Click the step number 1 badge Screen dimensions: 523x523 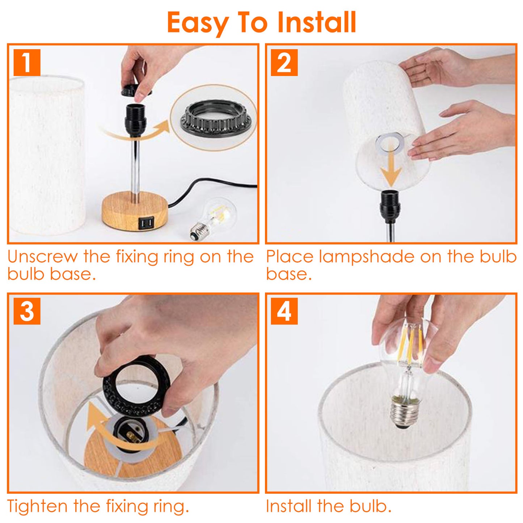click(27, 63)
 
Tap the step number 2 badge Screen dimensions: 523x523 click(284, 63)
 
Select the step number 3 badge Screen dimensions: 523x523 click(27, 311)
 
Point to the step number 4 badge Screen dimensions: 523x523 click(284, 311)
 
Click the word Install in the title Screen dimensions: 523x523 click(317, 22)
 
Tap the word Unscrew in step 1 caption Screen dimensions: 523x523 click(43, 257)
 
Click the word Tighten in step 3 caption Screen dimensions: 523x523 click(37, 506)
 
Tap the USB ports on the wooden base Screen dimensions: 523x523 click(145, 223)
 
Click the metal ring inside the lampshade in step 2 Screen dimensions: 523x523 click(389, 143)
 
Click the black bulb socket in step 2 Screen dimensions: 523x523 click(390, 206)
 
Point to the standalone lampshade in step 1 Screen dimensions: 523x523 click(47, 156)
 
